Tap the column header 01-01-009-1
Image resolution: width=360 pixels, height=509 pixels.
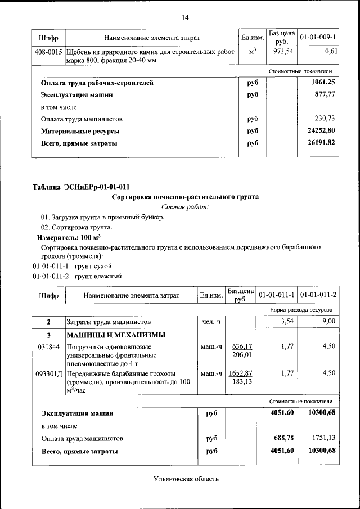[318, 37]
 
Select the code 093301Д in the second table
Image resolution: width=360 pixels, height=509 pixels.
[47, 373]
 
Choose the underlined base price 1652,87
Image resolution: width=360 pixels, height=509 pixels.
[240, 373]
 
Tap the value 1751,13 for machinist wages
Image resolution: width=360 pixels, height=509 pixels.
[322, 438]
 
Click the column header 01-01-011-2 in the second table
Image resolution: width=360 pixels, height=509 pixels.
[318, 295]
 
